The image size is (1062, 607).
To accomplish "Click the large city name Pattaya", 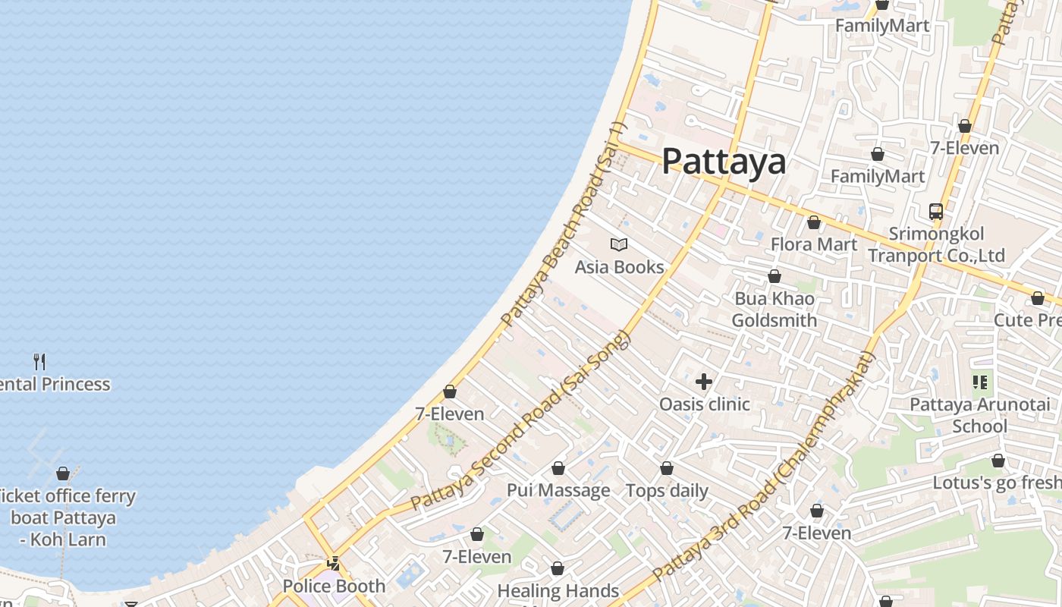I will tap(724, 162).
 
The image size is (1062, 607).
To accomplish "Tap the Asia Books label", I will tap(619, 267).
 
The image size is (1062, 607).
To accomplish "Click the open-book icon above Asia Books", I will tap(619, 244).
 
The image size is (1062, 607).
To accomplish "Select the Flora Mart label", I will tap(813, 244).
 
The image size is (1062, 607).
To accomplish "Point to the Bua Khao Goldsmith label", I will tap(774, 310).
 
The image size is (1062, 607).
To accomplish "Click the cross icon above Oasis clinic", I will tap(704, 381).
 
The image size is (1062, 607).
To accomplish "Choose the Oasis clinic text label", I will tap(704, 404).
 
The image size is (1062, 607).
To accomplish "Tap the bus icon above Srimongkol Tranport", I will tap(936, 212).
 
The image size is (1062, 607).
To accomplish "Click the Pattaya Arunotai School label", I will tap(979, 415).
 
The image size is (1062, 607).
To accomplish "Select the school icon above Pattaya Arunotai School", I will tap(980, 382).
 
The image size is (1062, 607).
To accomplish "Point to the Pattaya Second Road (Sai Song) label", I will tap(520, 421).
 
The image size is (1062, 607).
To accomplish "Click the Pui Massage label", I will tap(558, 490).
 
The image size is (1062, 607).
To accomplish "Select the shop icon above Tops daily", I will tap(667, 468).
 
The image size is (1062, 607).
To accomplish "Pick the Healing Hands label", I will tap(558, 590).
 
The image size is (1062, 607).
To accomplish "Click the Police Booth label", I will tap(334, 586).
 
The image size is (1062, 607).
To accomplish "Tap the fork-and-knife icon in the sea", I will tap(39, 361).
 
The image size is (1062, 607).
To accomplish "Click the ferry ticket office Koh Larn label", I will tap(64, 517).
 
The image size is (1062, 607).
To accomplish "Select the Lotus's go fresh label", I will tap(996, 483).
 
